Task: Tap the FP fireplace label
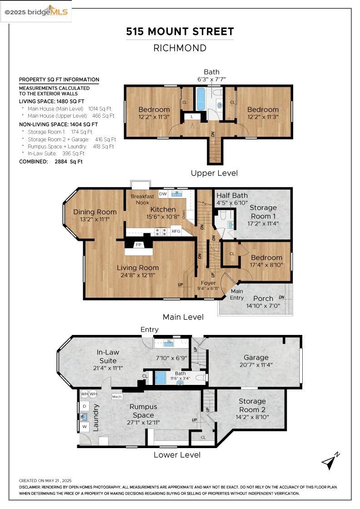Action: pos(139,245)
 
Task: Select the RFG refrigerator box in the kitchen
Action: pos(176,231)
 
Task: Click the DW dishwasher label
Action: pos(163,194)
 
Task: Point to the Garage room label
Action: pos(256,357)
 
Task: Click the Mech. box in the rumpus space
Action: pos(117,397)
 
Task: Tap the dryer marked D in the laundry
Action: pos(85,406)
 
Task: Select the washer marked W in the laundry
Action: pos(85,427)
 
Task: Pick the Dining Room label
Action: pos(95,212)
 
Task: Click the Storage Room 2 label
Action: pos(252,405)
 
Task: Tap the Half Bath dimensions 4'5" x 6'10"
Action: pos(232,203)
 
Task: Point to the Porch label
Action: pos(263,298)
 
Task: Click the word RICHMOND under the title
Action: pos(180,48)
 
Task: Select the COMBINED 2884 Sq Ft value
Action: pos(69,161)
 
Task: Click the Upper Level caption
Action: pos(214,173)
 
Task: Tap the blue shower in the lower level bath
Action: pos(160,378)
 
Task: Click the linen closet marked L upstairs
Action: pos(192,116)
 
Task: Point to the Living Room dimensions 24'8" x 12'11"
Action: pos(138,275)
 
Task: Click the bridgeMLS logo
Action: pos(36,12)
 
